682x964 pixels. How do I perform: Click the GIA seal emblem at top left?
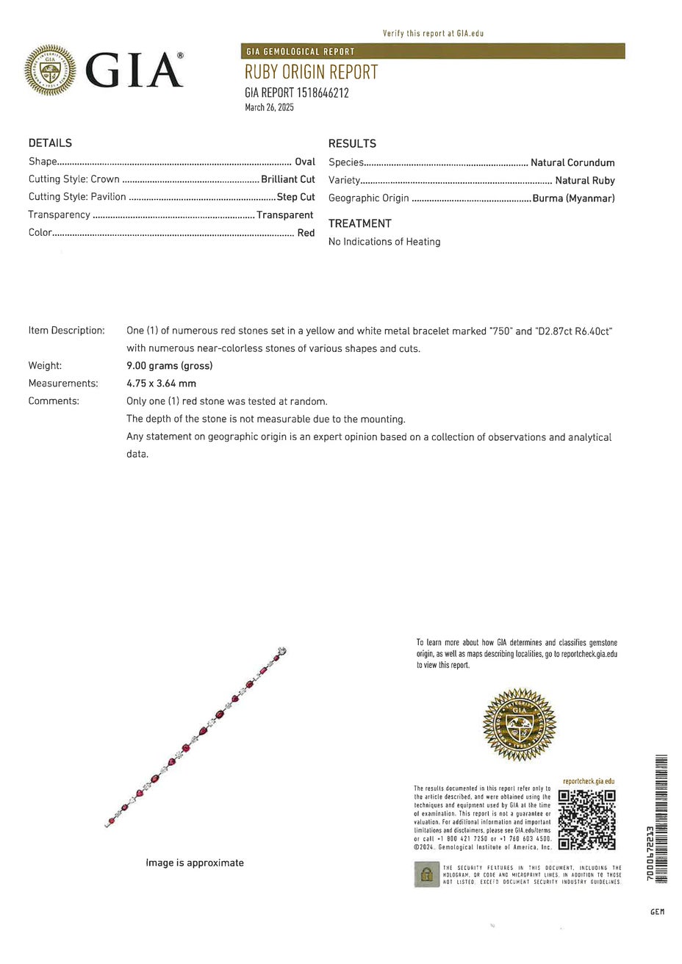[x=50, y=70]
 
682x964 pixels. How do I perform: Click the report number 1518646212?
[x=323, y=93]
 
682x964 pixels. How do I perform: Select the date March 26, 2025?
[x=269, y=107]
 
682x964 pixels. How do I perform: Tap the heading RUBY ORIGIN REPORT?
[x=311, y=72]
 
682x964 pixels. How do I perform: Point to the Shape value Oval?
[x=304, y=162]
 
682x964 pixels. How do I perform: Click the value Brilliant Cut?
[x=288, y=179]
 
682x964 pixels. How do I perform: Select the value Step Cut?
[x=295, y=197]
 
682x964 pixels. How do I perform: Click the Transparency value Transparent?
[x=285, y=215]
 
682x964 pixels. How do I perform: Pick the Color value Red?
[x=306, y=233]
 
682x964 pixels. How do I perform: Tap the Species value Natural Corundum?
[x=572, y=162]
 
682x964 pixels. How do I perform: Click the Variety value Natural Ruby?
[x=585, y=180]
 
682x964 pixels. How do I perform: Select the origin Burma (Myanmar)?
[x=573, y=198]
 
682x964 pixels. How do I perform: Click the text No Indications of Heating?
[x=384, y=242]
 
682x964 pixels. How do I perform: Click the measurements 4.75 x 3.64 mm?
[x=161, y=384]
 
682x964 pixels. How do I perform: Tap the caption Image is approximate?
[x=195, y=863]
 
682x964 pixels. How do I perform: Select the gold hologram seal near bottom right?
[x=519, y=724]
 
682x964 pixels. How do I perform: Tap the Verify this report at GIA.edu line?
[x=433, y=33]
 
